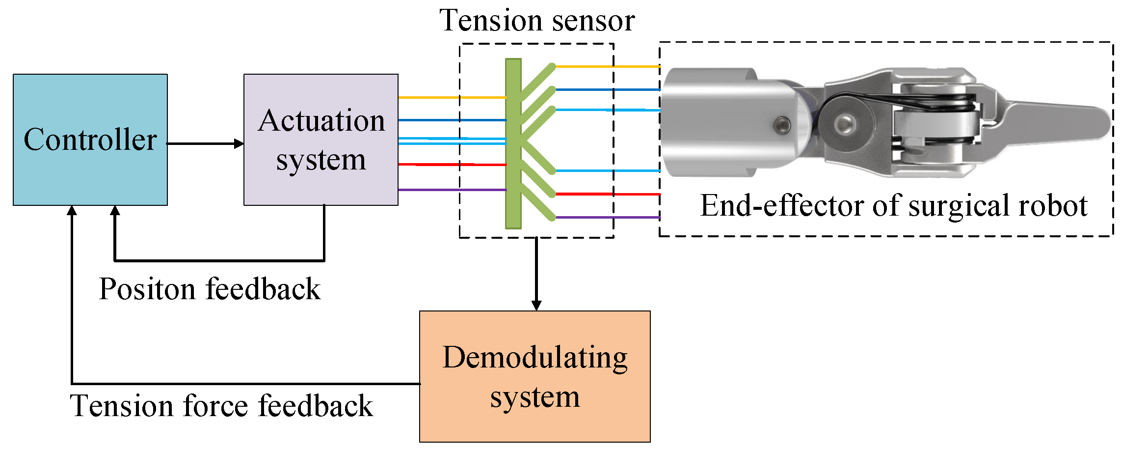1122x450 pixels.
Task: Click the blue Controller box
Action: click(90, 140)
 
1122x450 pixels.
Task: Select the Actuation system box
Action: click(321, 140)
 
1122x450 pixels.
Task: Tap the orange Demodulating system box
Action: click(534, 376)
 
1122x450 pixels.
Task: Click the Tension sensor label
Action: click(537, 21)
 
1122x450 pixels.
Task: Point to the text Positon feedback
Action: click(210, 289)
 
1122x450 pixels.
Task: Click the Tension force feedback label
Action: click(221, 406)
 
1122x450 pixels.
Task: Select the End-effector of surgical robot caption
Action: click(893, 205)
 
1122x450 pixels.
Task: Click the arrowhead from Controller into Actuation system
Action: click(239, 143)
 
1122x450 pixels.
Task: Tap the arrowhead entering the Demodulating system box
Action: click(536, 305)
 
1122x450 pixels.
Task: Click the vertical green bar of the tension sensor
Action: click(513, 143)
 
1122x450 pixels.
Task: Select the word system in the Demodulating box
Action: click(535, 397)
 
